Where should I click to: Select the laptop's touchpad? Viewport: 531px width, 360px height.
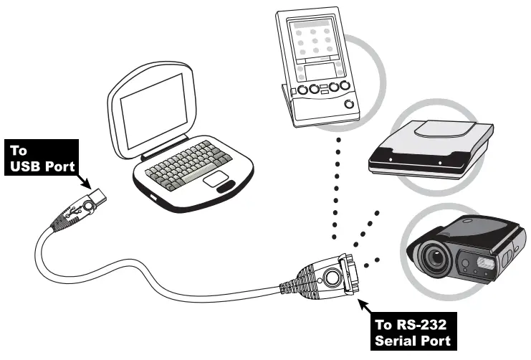pyautogui.click(x=215, y=179)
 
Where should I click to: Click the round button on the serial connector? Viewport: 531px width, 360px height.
pyautogui.click(x=332, y=275)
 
